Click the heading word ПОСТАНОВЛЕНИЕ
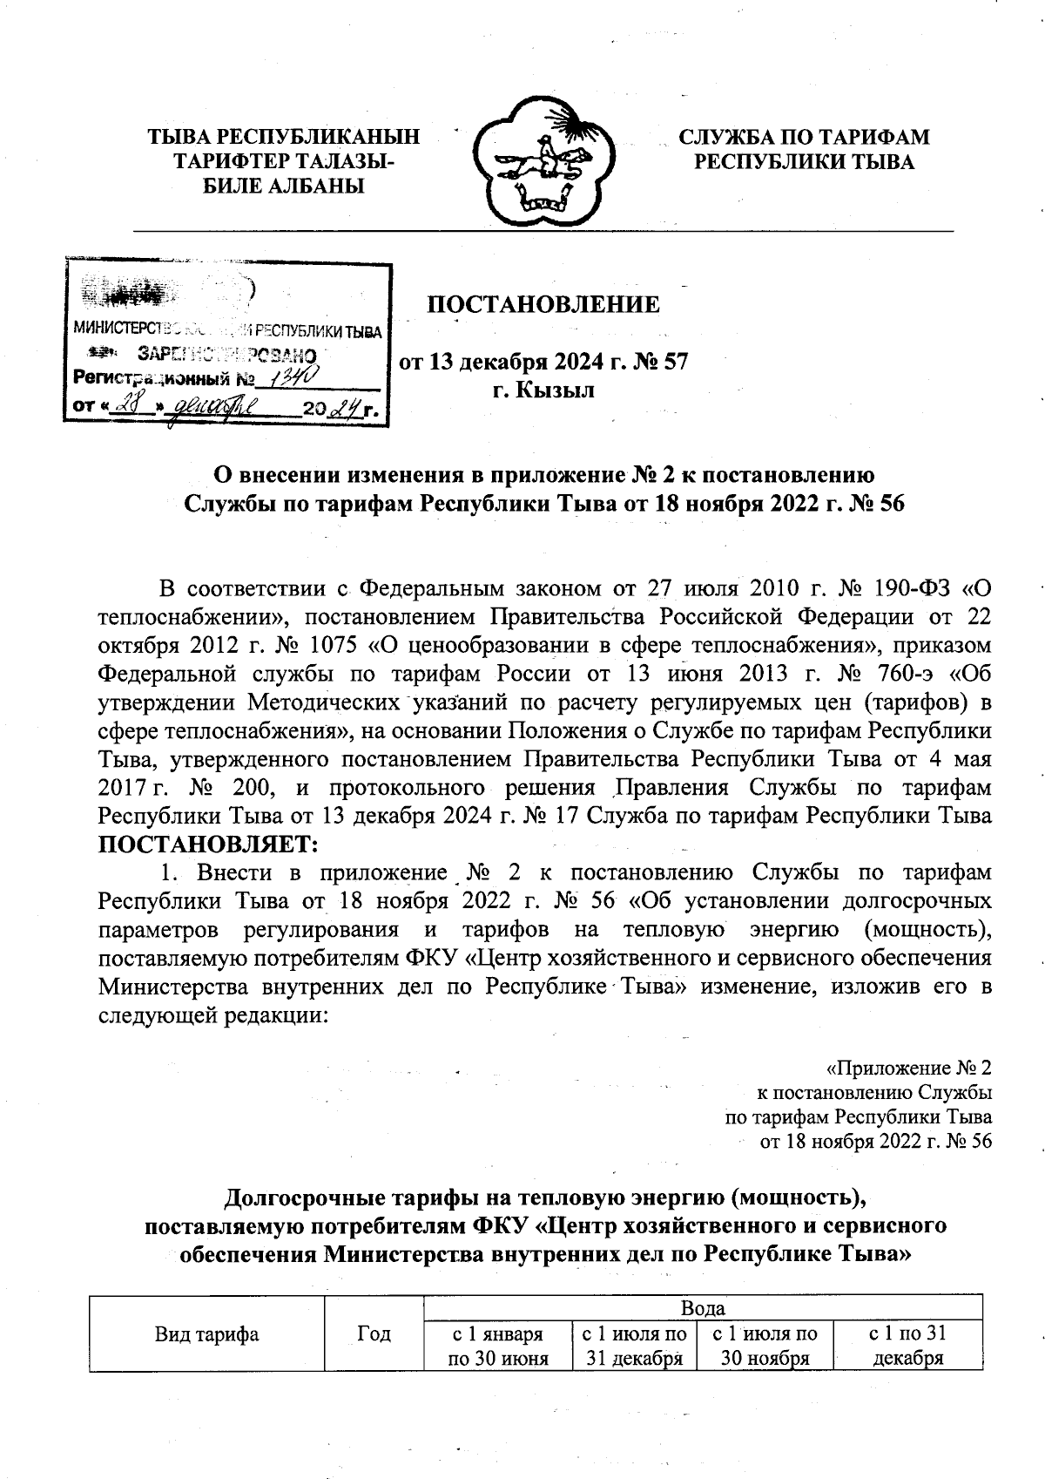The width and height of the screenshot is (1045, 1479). (x=542, y=305)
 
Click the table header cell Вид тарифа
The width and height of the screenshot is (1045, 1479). (x=206, y=1333)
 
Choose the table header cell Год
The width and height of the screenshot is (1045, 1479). (x=374, y=1333)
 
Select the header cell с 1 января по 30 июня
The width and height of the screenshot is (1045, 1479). (x=497, y=1346)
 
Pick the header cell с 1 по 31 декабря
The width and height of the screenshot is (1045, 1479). (x=907, y=1346)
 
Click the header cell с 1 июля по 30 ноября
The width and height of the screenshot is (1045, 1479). (x=765, y=1346)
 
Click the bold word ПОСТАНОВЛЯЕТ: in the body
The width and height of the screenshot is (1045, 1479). (x=208, y=844)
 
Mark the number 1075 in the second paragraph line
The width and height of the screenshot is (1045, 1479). (x=347, y=646)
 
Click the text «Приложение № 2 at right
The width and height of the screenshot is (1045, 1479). (x=908, y=1068)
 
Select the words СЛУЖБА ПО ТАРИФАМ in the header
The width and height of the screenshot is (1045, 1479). (x=804, y=138)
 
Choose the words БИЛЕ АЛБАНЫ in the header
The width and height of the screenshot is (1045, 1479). (x=283, y=186)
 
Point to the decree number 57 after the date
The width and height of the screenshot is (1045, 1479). (x=676, y=361)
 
